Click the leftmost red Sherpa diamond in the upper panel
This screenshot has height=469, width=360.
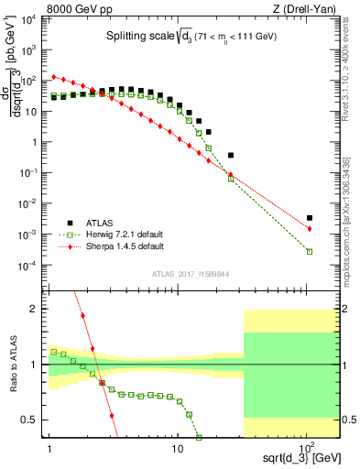click(x=53, y=77)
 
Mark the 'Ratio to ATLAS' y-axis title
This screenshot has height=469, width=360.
click(x=12, y=364)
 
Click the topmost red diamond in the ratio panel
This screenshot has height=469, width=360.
click(x=83, y=316)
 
